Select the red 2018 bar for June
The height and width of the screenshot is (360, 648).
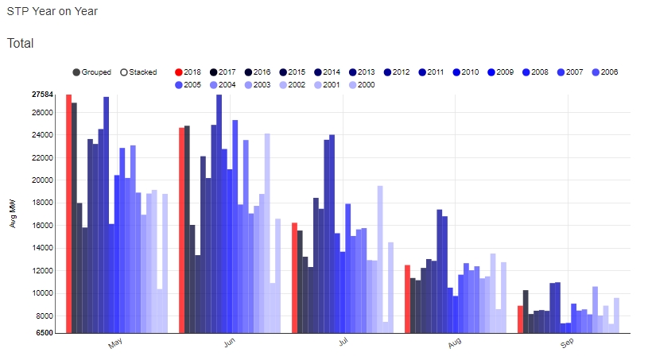tap(181, 230)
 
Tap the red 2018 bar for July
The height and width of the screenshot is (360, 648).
tap(294, 277)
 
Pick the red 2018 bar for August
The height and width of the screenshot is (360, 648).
tap(407, 298)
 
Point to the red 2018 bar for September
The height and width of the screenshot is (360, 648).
tap(520, 319)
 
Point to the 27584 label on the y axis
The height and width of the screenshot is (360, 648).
tap(42, 95)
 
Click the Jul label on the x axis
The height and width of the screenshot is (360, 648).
tap(343, 343)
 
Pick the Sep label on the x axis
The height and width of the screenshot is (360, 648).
tap(567, 343)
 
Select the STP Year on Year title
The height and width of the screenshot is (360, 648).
tap(52, 13)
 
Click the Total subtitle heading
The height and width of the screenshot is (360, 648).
tap(21, 43)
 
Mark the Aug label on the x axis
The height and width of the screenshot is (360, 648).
tap(454, 343)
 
